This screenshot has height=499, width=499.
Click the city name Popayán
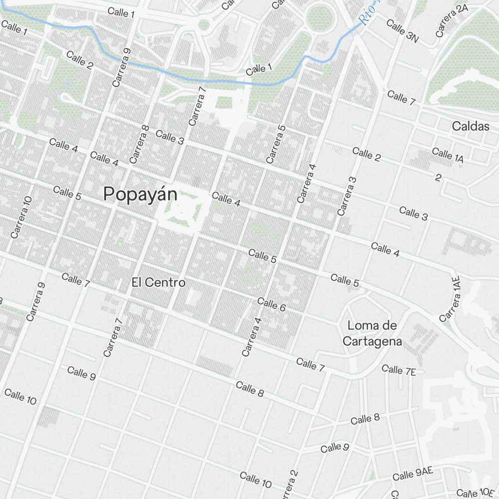tap(140, 194)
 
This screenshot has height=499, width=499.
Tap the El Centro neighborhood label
tap(158, 282)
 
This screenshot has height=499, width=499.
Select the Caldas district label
tap(471, 126)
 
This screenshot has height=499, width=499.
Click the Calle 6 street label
tap(271, 304)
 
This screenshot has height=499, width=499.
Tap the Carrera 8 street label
tap(139, 144)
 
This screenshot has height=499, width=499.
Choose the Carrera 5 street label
tap(276, 144)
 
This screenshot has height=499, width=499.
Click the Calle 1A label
tap(448, 155)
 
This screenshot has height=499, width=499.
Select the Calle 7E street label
tap(399, 370)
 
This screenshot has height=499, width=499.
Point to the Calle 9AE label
tap(412, 474)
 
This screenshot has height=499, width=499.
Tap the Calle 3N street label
tap(402, 31)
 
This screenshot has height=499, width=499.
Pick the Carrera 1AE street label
tap(450, 299)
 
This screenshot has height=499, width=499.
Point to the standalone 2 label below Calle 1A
tap(438, 177)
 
